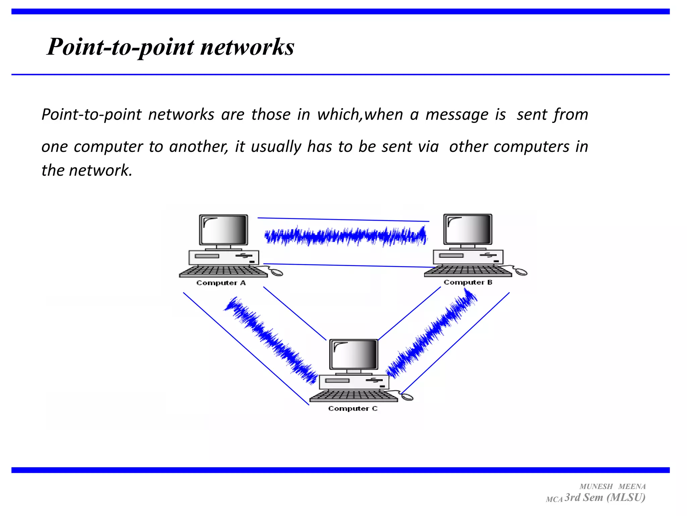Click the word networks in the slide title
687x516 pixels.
pyautogui.click(x=247, y=47)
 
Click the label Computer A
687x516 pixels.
pyautogui.click(x=221, y=283)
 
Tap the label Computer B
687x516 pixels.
pyautogui.click(x=468, y=282)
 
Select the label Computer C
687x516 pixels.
pyautogui.click(x=353, y=408)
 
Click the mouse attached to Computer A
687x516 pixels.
pyautogui.click(x=277, y=272)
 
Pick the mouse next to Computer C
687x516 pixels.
pyautogui.click(x=407, y=397)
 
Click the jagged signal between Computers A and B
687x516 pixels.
pyautogui.click(x=346, y=236)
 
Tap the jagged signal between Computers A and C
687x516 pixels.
pyautogui.click(x=270, y=339)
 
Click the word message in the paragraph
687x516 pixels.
pyautogui.click(x=457, y=115)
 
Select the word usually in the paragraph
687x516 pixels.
pyautogui.click(x=276, y=147)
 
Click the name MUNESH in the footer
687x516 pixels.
pyautogui.click(x=596, y=486)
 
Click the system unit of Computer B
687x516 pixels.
pyautogui.click(x=468, y=257)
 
